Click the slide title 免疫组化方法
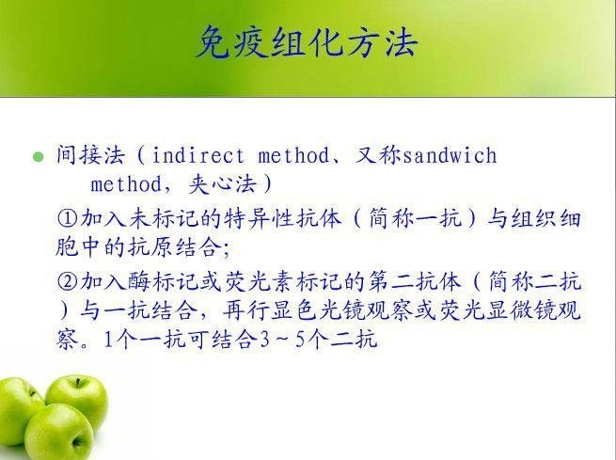pos(306,41)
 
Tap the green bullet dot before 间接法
pos(39,157)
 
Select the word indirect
pos(197,155)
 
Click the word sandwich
pos(450,155)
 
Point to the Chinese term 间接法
pos(90,154)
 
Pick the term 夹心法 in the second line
pos(223,183)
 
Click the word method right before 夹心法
pos(126,184)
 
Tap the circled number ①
pos(68,218)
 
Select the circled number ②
pos(68,281)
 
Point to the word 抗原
pos(150,247)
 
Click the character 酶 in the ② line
pos(138,281)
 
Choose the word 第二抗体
pos(415,281)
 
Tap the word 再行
pos(245,310)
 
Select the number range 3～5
pos(282,340)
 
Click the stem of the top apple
pos(78,383)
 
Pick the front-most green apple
pos(59,432)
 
